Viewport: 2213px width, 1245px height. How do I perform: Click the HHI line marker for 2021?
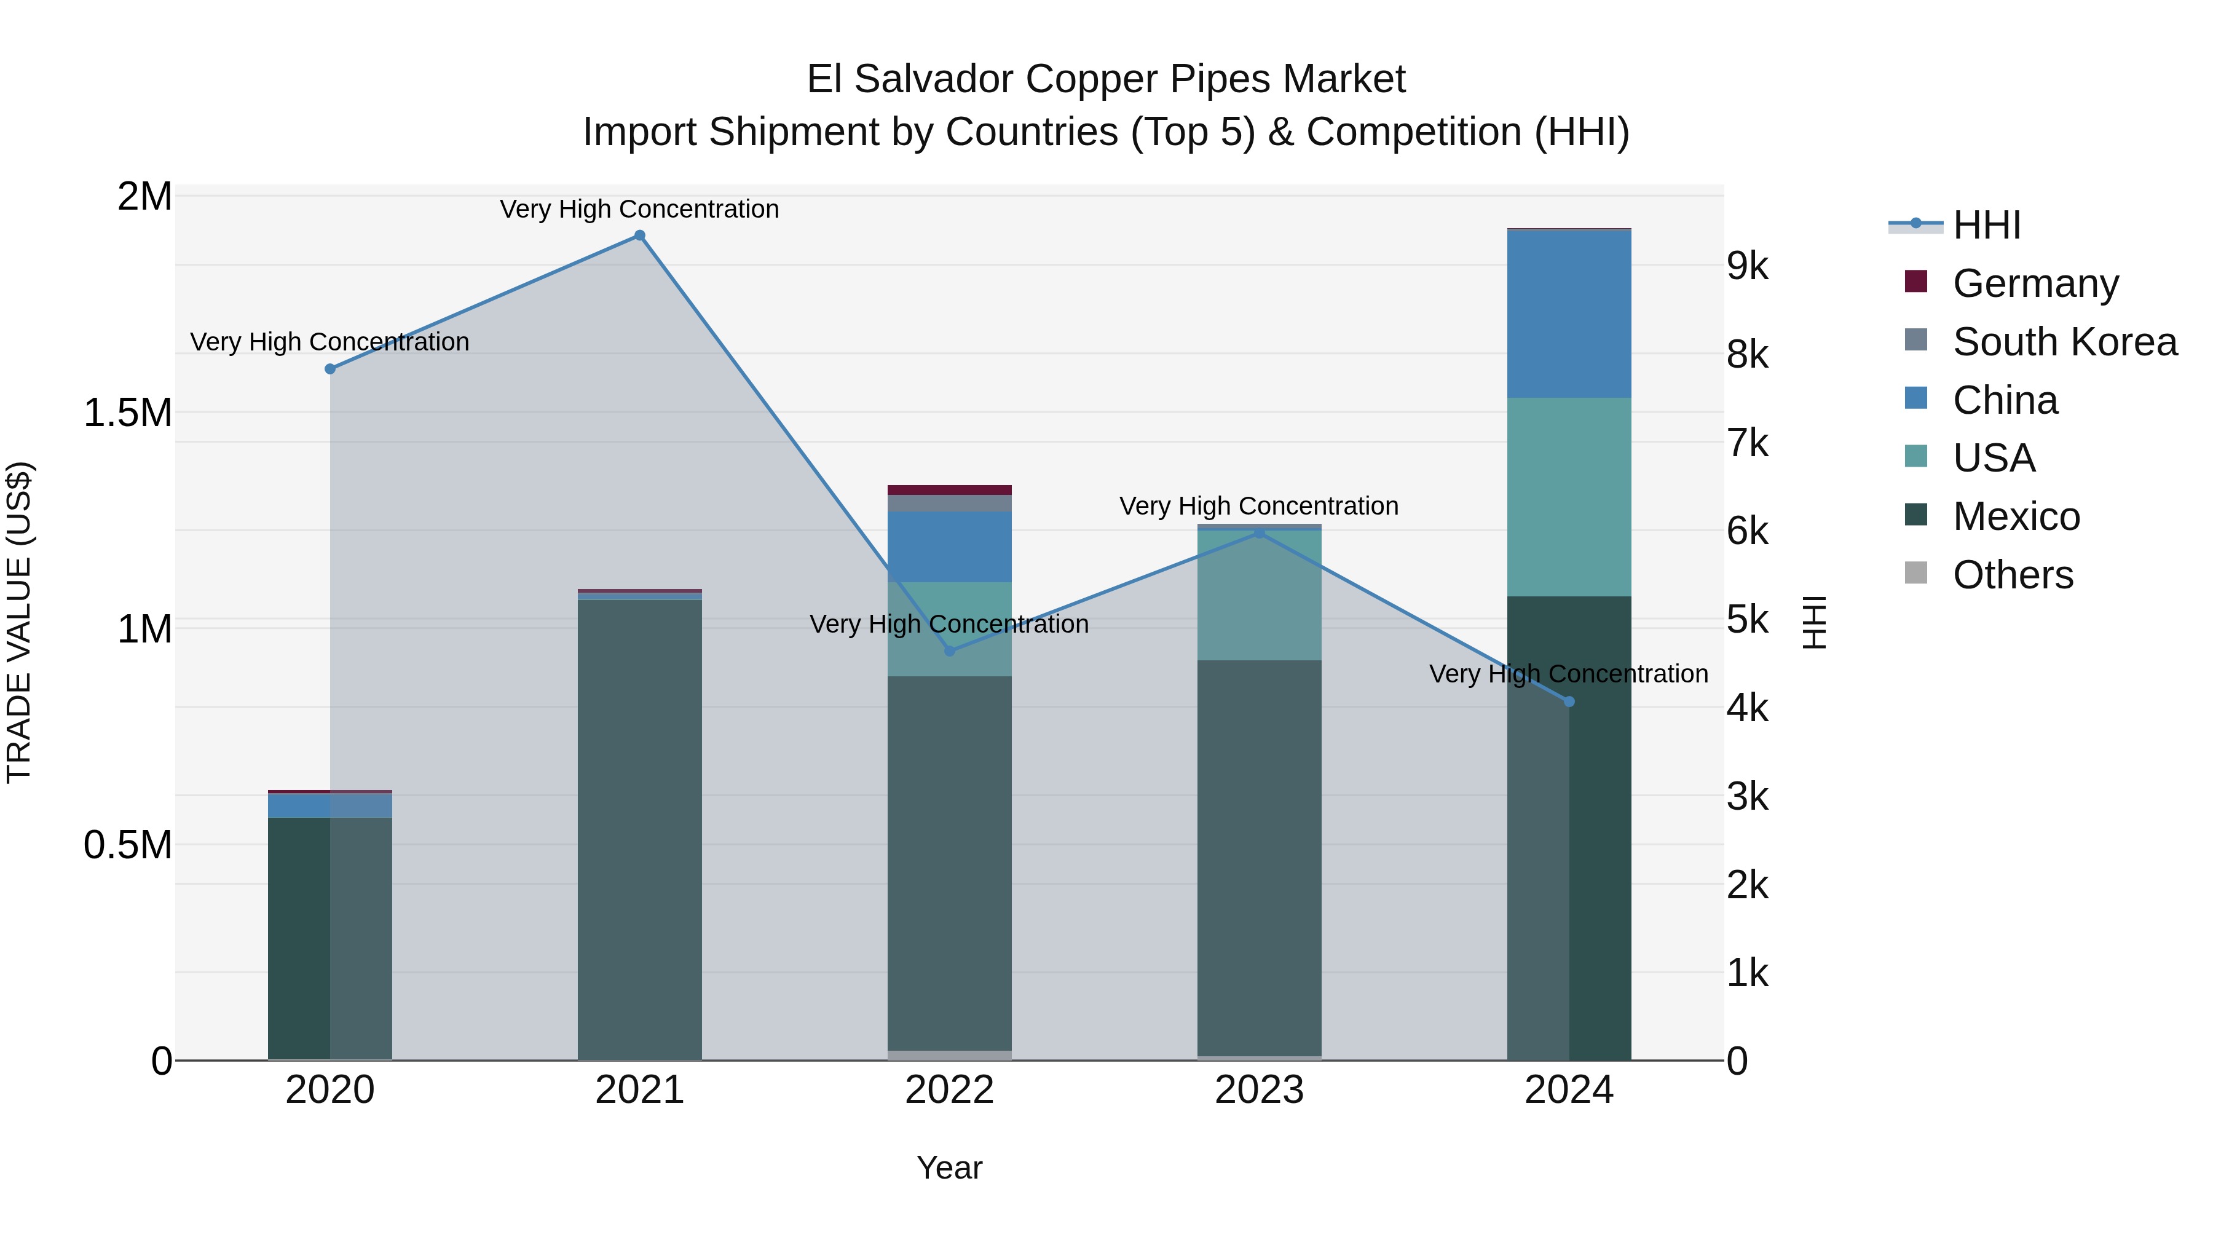click(639, 235)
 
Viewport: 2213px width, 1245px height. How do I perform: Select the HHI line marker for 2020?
click(330, 369)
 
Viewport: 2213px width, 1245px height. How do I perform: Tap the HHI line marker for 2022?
click(949, 651)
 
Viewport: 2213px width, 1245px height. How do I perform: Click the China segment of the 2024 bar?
click(1569, 314)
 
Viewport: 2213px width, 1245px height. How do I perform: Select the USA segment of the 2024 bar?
click(1569, 497)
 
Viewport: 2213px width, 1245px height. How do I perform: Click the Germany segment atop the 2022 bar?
click(949, 490)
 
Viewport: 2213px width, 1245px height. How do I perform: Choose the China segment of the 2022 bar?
click(949, 547)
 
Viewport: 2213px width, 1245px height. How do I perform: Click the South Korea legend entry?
click(2064, 342)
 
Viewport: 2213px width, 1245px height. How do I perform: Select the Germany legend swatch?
click(1915, 282)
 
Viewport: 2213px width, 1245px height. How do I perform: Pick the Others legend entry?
click(2012, 575)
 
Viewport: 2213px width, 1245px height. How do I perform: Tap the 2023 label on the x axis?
click(1260, 1090)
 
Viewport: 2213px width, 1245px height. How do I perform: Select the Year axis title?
click(949, 1168)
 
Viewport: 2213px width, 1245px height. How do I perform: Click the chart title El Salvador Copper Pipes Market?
click(1106, 79)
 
